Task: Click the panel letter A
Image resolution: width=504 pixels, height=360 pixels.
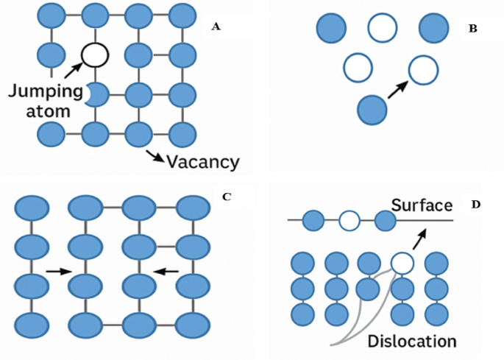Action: [216, 27]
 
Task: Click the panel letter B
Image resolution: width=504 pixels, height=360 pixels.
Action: [473, 29]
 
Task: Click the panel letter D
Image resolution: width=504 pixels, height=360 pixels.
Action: [475, 203]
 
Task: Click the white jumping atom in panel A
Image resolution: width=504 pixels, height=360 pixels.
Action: [95, 54]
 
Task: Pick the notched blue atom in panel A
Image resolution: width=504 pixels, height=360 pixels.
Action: [96, 94]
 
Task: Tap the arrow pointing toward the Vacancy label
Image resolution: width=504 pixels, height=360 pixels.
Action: [155, 155]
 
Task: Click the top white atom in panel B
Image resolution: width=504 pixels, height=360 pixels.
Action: [382, 28]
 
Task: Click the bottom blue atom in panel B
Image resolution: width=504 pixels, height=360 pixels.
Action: [372, 110]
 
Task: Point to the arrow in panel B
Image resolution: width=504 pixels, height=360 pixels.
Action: [397, 89]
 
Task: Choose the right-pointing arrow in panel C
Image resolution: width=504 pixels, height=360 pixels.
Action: [54, 272]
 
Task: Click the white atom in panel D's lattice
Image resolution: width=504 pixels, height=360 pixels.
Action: [402, 262]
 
